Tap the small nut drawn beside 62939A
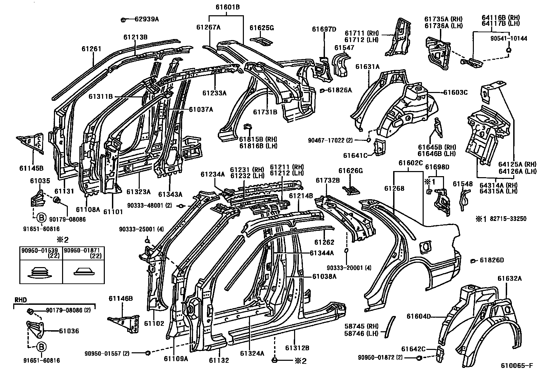(123, 19)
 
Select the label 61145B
(31, 168)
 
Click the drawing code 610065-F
(517, 366)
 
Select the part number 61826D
(492, 260)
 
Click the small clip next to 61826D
(472, 261)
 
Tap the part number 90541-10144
(508, 38)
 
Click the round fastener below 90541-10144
(508, 51)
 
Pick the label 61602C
(410, 163)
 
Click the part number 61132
(219, 360)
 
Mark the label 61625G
(262, 28)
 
